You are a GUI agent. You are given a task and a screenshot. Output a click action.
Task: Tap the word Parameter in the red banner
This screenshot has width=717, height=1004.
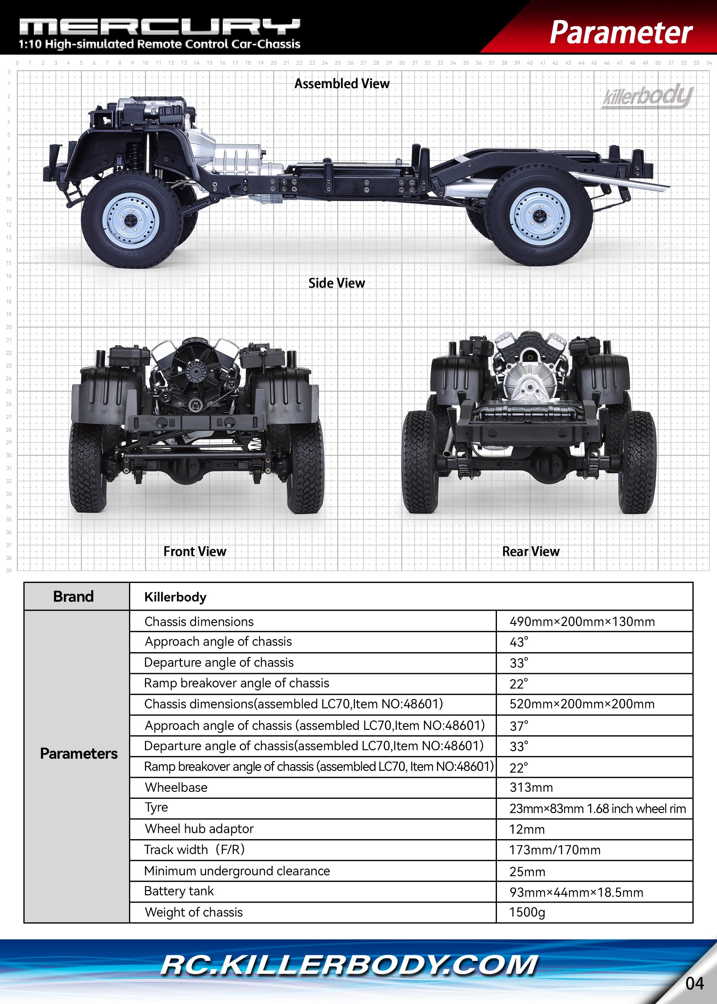[621, 33]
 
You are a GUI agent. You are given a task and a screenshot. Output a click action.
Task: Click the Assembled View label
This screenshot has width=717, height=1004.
[342, 83]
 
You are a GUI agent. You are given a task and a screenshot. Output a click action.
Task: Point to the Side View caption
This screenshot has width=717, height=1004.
[336, 283]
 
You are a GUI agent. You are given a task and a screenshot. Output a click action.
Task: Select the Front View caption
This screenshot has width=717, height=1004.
[195, 551]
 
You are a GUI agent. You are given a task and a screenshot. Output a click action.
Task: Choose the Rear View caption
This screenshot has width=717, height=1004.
[531, 551]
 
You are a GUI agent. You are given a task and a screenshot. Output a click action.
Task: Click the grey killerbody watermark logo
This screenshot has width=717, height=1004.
[648, 96]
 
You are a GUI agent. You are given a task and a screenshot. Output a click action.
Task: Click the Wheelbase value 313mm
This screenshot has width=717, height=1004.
[531, 788]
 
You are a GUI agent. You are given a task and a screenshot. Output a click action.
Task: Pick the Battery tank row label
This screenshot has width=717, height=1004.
[179, 891]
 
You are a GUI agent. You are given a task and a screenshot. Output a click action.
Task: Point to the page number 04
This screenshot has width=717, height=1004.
[695, 984]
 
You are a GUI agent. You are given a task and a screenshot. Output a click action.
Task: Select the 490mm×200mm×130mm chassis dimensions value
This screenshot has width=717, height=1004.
[582, 622]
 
